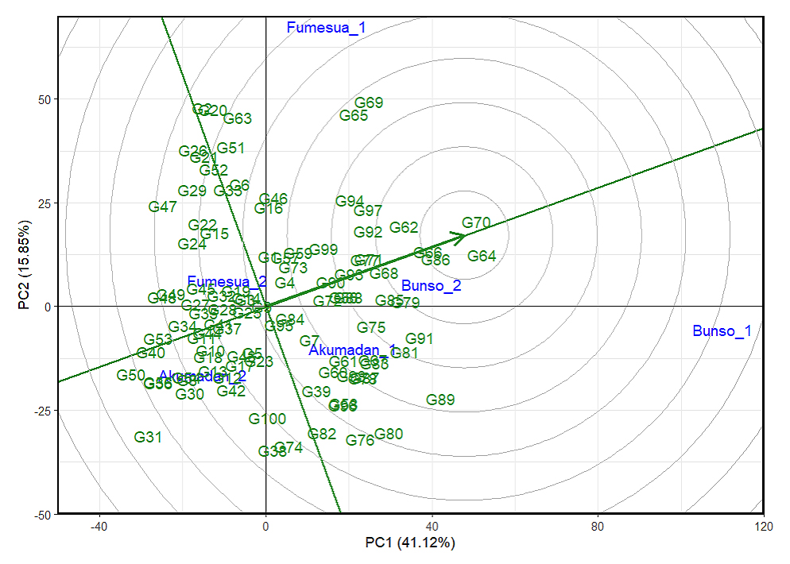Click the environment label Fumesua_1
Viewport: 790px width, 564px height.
pos(326,28)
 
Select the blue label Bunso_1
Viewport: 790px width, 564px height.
pos(722,331)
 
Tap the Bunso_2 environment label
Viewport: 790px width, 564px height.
pos(431,286)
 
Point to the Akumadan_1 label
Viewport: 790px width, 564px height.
pos(352,350)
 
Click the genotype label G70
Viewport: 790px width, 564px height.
pos(476,223)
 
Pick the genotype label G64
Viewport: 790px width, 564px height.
pos(482,256)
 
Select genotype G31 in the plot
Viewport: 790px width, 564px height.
pos(148,437)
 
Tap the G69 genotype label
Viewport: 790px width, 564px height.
pos(369,102)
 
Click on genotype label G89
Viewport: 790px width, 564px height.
pos(440,400)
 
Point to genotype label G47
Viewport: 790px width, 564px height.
pos(163,207)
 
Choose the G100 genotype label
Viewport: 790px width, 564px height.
pos(267,419)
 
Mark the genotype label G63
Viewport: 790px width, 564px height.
pos(238,119)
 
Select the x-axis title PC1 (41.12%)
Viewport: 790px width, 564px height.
pos(409,543)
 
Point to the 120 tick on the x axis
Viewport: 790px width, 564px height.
pos(764,526)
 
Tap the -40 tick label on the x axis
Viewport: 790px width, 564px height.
pos(99,526)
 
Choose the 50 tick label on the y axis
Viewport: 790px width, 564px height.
pos(45,99)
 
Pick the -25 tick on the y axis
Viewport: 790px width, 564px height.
pos(43,411)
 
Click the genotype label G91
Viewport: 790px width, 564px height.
pos(420,339)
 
